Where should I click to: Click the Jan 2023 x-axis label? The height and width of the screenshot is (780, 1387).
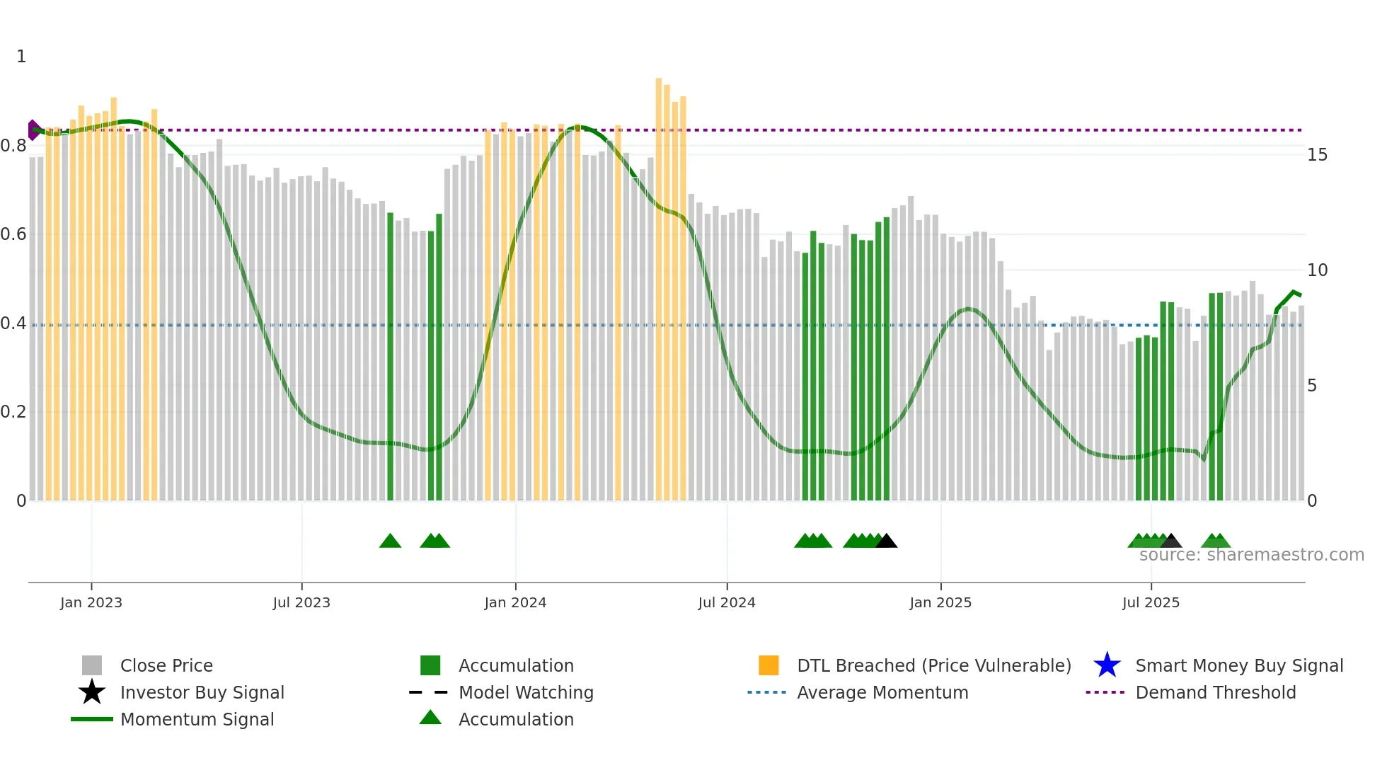tap(91, 602)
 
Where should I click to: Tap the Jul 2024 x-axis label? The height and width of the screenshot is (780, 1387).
tap(726, 602)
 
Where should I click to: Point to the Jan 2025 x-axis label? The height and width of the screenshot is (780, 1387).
tap(940, 602)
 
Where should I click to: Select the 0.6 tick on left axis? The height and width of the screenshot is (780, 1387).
tap(13, 234)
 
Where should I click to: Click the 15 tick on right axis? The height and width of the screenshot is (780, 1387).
tap(1317, 155)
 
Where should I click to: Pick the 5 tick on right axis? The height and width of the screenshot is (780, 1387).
tap(1312, 386)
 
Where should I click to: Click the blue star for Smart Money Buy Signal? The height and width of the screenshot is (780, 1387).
tap(1107, 665)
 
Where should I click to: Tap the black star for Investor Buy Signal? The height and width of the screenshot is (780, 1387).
tap(92, 692)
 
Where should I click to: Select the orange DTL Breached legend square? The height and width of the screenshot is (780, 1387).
tap(769, 665)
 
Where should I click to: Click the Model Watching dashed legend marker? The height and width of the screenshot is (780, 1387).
tap(429, 692)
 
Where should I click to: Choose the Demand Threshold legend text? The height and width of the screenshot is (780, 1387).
tap(1215, 692)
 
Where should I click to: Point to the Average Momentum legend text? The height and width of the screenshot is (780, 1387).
tap(882, 692)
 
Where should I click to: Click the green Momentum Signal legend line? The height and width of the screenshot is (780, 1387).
tap(92, 719)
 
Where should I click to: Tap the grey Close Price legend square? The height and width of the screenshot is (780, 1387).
tap(92, 665)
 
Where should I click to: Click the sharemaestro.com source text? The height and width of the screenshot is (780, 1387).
tap(1251, 555)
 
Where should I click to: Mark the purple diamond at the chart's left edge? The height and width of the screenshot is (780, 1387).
tap(33, 130)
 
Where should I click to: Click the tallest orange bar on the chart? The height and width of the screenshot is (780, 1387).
tap(659, 283)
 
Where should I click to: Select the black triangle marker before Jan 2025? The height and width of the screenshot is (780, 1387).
tap(886, 541)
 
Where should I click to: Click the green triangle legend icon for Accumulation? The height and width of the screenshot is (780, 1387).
tap(430, 718)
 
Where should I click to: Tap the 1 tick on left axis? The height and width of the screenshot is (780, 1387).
tap(21, 57)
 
